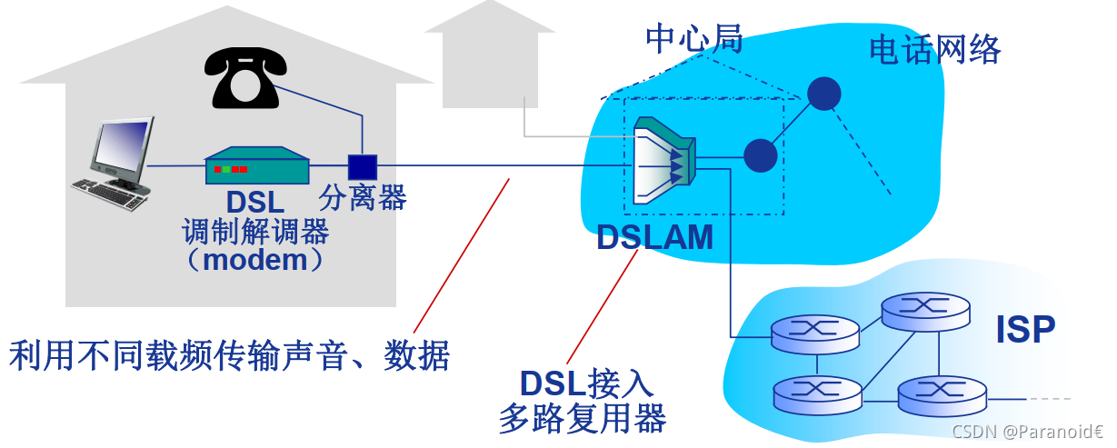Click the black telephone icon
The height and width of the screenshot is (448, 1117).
click(x=244, y=76)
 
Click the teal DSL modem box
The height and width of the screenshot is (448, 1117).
click(x=256, y=167)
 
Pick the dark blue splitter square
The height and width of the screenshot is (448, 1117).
click(x=362, y=167)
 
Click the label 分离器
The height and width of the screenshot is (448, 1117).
click(x=363, y=197)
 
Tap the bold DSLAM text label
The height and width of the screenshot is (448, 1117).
click(x=654, y=238)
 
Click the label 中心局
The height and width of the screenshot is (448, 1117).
click(x=694, y=38)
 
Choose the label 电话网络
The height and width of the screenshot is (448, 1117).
click(x=934, y=49)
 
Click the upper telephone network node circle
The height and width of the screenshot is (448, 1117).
click(x=823, y=93)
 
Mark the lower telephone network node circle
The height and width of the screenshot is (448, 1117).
click(x=760, y=155)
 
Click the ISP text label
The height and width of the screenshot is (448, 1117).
click(x=1025, y=330)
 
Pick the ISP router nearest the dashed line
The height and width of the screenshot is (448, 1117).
click(x=941, y=394)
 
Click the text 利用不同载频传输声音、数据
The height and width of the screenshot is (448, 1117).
click(x=229, y=355)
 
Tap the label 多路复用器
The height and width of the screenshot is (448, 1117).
click(x=582, y=418)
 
